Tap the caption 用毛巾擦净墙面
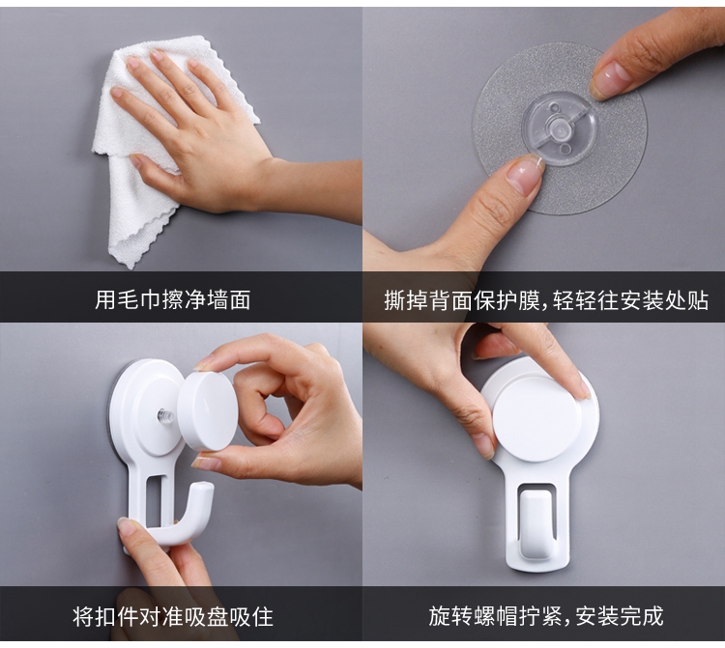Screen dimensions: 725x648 click(172, 299)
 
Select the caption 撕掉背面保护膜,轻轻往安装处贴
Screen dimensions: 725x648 click(546, 300)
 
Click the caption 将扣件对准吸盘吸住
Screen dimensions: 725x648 click(173, 616)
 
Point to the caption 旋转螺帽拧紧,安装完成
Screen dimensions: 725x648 click(546, 616)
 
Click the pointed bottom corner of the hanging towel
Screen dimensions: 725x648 click(132, 267)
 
